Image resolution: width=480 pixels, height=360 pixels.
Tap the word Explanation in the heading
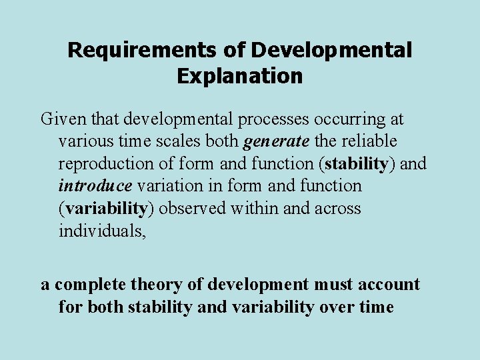tap(239, 76)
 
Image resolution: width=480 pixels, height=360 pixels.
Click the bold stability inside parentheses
tap(357, 164)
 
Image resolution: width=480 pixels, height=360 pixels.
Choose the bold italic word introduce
tap(93, 186)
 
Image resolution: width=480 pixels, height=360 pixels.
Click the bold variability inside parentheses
tap(107, 209)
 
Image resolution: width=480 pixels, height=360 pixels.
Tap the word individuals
tap(99, 231)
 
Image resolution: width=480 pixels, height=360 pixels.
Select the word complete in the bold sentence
tap(86, 285)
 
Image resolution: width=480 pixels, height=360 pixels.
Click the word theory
tap(158, 285)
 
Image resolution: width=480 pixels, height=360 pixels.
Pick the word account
tap(390, 285)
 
